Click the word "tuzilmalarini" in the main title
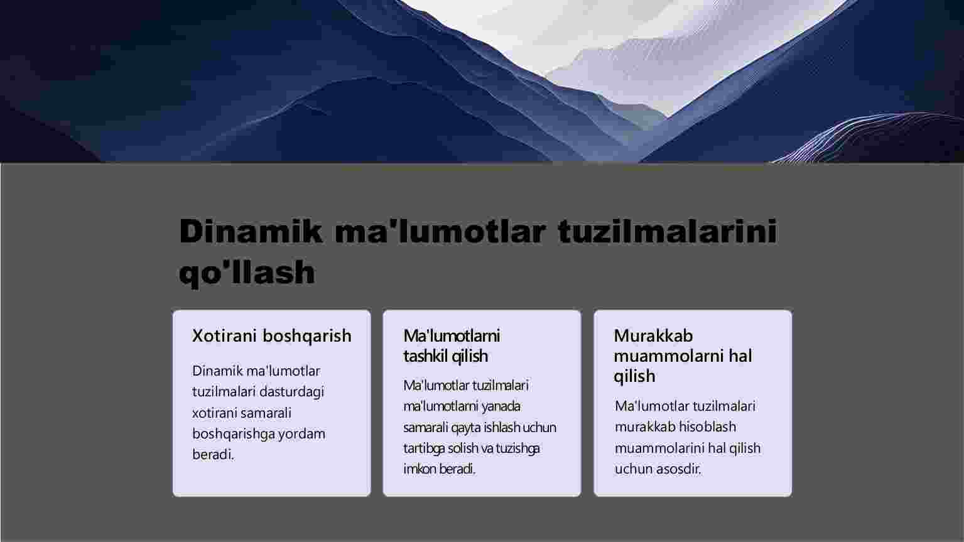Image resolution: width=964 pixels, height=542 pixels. click(x=668, y=231)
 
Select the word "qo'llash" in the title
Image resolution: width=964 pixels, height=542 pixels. click(x=247, y=273)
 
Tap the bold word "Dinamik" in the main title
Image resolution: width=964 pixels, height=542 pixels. click(x=251, y=231)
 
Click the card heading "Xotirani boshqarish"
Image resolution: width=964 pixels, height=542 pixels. click(x=271, y=336)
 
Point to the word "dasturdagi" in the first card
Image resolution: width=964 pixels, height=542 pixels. click(x=291, y=392)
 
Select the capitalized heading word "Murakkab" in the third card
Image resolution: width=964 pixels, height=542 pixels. click(x=653, y=336)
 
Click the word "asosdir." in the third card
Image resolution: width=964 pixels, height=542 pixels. click(x=680, y=469)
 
